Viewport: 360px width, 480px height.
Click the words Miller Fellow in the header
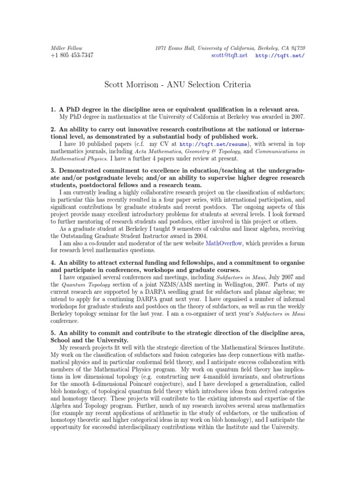[x=65, y=48]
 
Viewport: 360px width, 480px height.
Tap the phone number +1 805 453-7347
[x=72, y=55]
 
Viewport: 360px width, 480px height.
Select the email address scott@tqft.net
[x=229, y=55]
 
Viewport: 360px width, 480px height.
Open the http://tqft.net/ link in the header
[x=280, y=55]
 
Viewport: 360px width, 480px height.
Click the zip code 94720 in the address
[x=298, y=48]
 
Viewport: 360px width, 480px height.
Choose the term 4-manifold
[x=243, y=372]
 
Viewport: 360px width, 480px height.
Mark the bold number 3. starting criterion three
[x=53, y=171]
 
